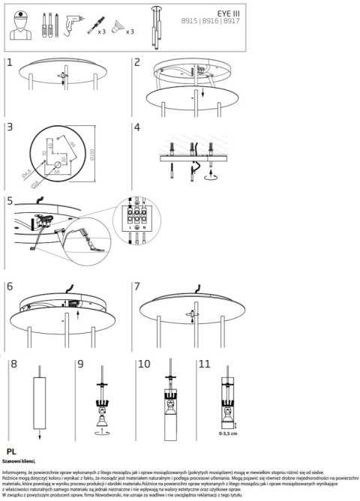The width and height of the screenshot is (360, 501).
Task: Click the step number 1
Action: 10,64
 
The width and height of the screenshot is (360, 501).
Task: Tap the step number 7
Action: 137,286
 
